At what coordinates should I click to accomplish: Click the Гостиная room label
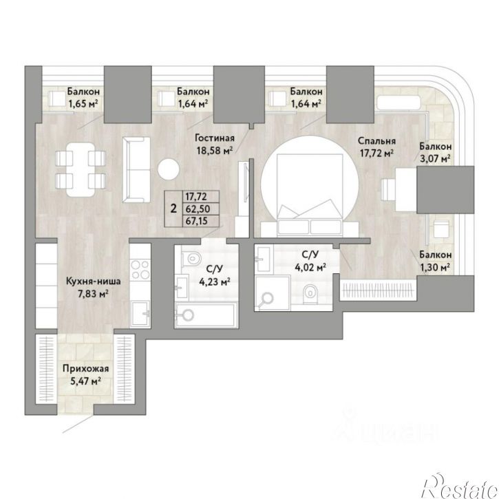[215, 138]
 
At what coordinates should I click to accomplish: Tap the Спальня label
[376, 141]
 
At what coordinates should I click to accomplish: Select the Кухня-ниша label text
[93, 282]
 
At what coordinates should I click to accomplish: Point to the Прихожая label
[85, 368]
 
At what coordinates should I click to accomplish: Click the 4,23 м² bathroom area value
[215, 282]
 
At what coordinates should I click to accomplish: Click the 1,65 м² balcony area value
[83, 103]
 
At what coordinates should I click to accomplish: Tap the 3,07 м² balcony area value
[435, 158]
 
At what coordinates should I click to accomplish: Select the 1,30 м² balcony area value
[435, 266]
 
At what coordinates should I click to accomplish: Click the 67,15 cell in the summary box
[196, 221]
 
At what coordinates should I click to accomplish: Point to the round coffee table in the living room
[169, 169]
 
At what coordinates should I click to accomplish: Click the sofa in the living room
[136, 169]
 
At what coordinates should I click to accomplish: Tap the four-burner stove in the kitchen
[140, 269]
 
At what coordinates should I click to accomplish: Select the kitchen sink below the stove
[140, 313]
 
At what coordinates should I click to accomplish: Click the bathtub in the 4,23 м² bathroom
[206, 315]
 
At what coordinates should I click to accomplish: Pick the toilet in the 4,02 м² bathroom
[310, 292]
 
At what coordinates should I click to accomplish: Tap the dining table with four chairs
[81, 169]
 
